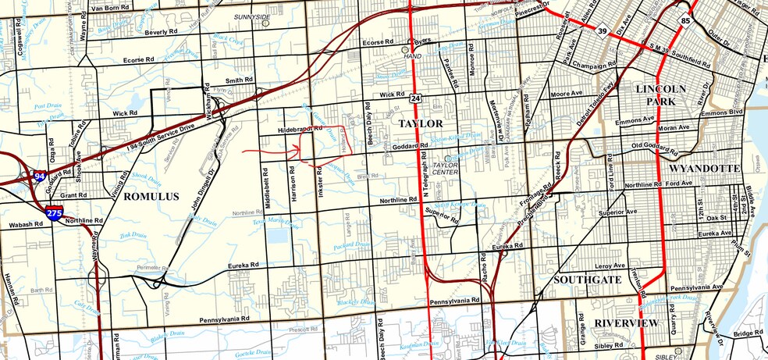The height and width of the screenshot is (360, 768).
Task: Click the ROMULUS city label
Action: [151, 197]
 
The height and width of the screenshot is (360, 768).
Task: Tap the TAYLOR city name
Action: [421, 124]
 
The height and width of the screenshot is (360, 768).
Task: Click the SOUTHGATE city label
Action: [587, 279]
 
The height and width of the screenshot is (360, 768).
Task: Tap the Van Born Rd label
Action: [109, 8]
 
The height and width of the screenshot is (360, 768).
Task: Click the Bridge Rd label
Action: [747, 333]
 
